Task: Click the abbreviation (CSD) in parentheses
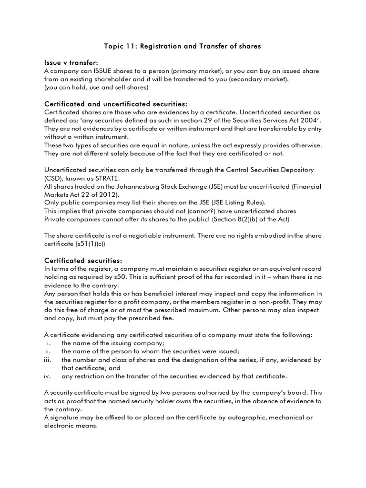click(x=52, y=178)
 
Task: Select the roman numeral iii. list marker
click(x=48, y=360)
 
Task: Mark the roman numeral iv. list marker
click(x=48, y=376)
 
